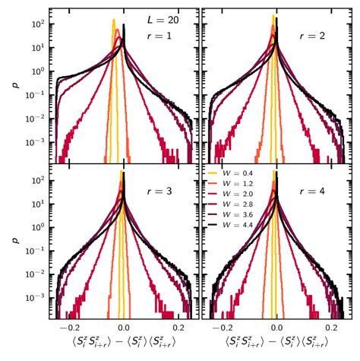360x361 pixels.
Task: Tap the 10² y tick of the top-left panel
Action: [35, 24]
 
